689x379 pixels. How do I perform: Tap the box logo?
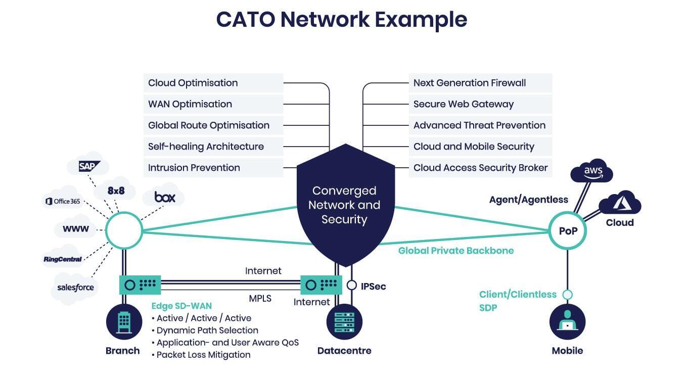pos(165,197)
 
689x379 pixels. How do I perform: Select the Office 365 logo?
pos(63,201)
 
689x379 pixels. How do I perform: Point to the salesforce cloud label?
pos(75,288)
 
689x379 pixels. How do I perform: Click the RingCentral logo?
pos(63,259)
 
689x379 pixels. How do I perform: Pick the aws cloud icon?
pos(591,171)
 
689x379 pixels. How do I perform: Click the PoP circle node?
pos(568,230)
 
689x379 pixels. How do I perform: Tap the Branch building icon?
pos(124,322)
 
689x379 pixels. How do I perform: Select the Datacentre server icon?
pos(344,322)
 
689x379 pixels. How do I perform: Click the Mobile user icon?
pos(568,322)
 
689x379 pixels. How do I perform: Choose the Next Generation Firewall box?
pos(480,83)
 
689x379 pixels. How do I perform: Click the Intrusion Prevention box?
pos(213,168)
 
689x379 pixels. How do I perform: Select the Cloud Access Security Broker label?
pos(480,168)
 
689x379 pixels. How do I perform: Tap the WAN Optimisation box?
pos(213,104)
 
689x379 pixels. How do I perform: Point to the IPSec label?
pos(373,287)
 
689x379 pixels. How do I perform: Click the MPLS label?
pos(260,298)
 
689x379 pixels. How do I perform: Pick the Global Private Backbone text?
pos(456,251)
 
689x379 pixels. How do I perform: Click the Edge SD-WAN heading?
pos(181,306)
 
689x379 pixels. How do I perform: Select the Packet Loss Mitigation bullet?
pos(201,355)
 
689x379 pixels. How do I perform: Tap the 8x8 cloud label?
pos(116,191)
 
